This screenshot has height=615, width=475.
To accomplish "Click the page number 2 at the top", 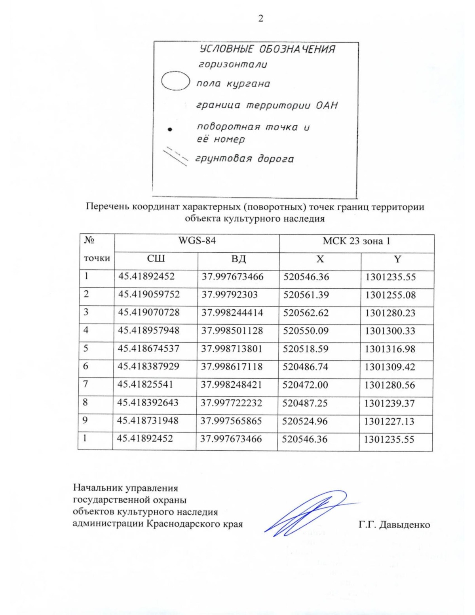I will tap(260, 19).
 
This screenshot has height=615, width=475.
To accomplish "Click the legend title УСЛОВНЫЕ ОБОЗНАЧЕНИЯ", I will tap(267, 50).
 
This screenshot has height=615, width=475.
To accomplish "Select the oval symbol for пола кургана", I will tap(174, 82).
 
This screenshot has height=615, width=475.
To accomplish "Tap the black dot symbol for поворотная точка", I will tap(170, 129).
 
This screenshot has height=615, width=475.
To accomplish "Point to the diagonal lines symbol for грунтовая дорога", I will tap(176, 156).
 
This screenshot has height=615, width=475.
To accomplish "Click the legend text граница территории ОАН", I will tap(267, 106).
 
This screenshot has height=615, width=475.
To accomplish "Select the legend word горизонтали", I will tap(232, 64).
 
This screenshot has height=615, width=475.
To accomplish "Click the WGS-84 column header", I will tap(197, 241).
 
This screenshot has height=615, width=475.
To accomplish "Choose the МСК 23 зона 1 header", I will tap(356, 241).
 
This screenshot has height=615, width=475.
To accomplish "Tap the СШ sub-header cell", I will tap(156, 259).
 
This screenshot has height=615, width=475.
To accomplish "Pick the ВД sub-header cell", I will tap(238, 259).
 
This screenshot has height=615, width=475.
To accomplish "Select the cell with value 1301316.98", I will tap(390, 349).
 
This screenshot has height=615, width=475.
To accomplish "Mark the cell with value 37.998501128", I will tap(232, 331).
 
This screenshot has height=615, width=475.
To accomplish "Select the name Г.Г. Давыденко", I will tap(394, 525).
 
